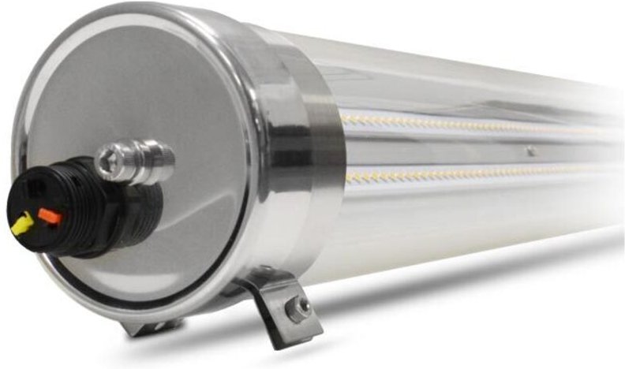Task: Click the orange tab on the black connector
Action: [x=48, y=214]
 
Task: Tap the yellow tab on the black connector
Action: [x=21, y=225]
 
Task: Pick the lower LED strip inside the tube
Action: [x=473, y=174]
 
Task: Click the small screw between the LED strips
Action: [x=530, y=151]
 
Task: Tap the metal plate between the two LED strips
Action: [x=442, y=149]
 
